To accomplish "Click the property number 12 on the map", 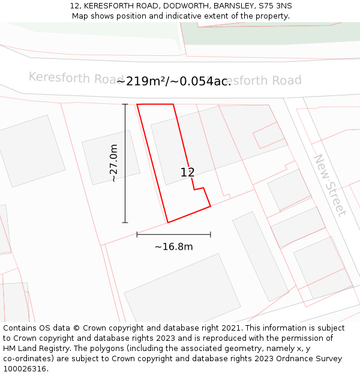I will (187, 172).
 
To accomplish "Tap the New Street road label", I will (329, 185).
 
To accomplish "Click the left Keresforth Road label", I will (68, 78).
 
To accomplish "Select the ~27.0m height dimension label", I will (113, 163).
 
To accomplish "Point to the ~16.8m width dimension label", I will (173, 247).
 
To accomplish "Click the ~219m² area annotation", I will (174, 81).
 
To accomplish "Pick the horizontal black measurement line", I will (173, 234).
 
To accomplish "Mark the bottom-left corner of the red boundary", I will (167, 223).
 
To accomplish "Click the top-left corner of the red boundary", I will (137, 104).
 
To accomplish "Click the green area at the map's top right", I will (270, 33).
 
